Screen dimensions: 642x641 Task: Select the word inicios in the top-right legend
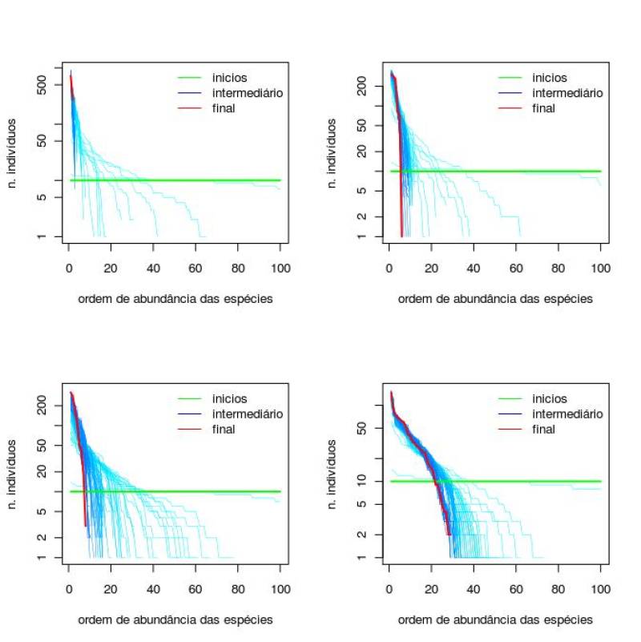tap(550, 78)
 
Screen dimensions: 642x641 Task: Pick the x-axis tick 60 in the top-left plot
tap(196, 268)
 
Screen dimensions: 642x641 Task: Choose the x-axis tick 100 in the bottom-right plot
tap(600, 589)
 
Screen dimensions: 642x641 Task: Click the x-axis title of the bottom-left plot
tap(175, 620)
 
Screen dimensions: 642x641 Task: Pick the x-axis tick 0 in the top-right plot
tap(389, 268)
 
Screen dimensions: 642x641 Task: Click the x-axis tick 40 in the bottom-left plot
tap(154, 589)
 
